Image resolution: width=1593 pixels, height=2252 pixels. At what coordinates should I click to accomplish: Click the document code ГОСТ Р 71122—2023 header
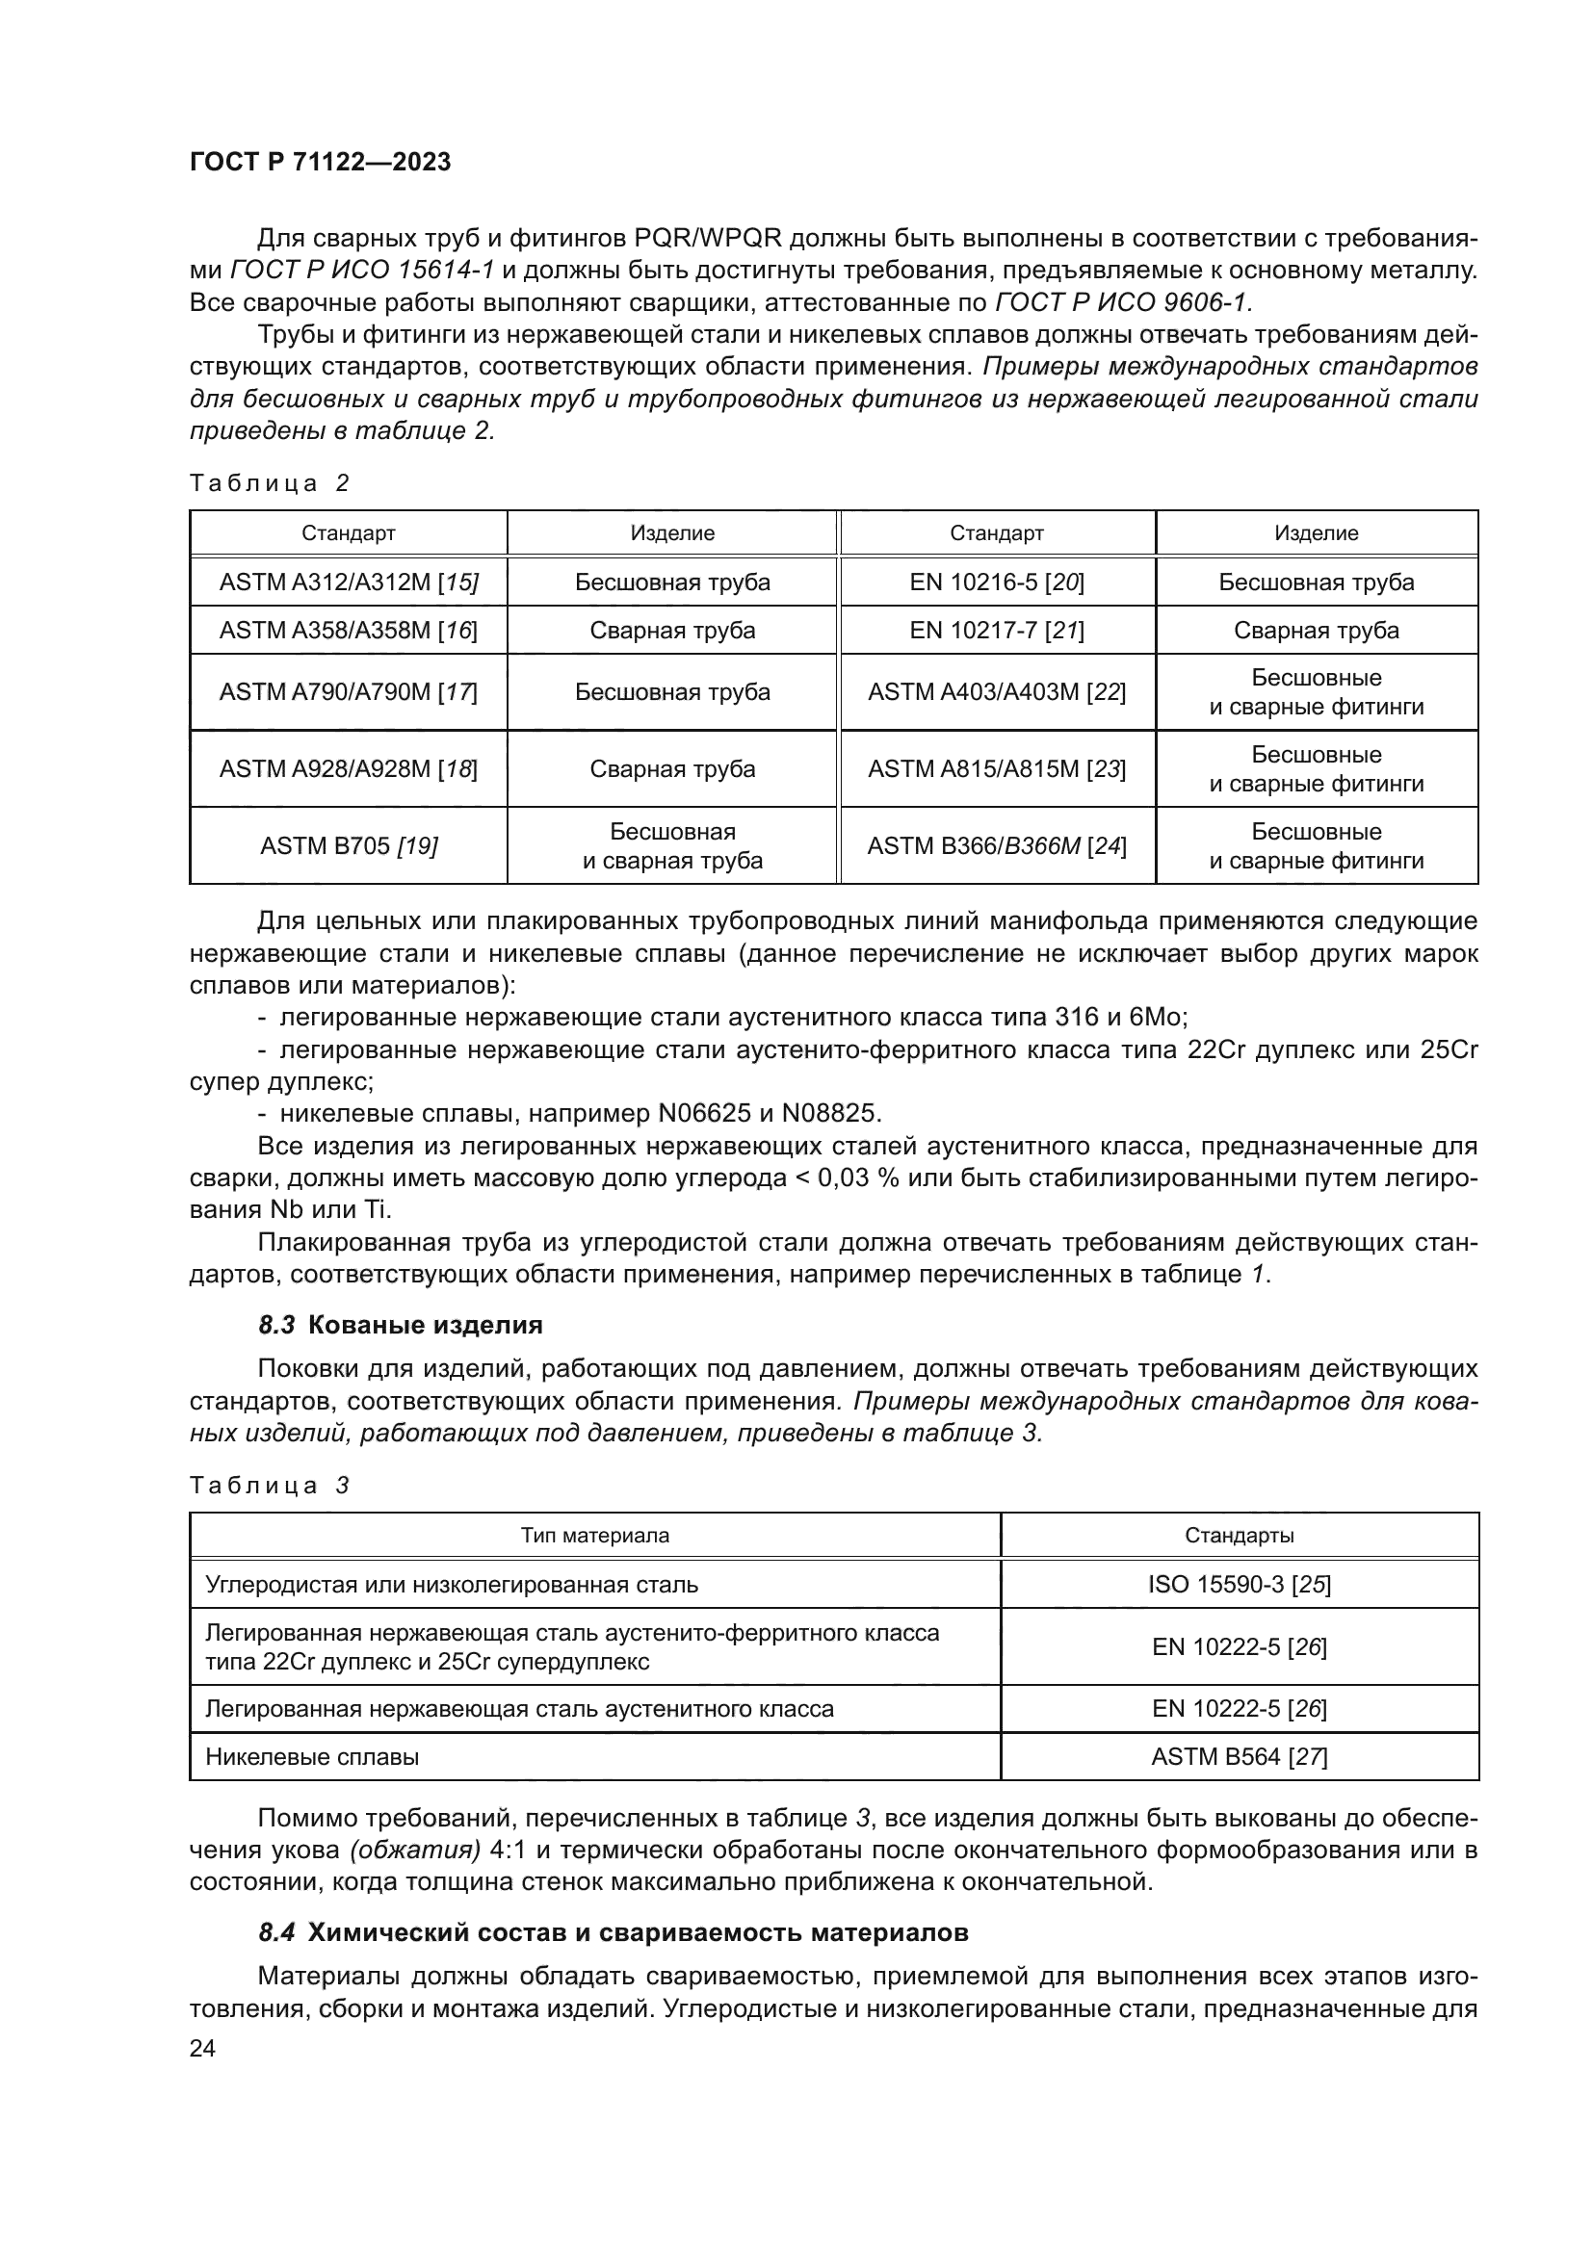coord(320,163)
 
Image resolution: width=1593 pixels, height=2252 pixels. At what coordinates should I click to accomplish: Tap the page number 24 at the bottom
coord(202,2048)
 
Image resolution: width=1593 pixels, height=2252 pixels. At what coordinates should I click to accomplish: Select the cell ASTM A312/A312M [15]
coord(349,582)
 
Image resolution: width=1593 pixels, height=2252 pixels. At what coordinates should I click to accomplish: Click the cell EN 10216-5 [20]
coord(997,582)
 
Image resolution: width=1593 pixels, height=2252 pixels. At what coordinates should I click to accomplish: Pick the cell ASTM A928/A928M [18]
coord(349,769)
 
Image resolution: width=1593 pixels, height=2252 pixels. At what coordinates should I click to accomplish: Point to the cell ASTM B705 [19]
coord(349,845)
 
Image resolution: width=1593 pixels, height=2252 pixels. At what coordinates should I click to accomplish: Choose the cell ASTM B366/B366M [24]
coord(997,845)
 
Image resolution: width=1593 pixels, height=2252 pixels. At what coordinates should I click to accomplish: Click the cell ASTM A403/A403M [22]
coord(997,692)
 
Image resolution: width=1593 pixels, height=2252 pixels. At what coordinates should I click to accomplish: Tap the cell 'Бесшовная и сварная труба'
coord(672,845)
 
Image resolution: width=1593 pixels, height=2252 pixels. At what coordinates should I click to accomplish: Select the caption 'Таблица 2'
coord(270,483)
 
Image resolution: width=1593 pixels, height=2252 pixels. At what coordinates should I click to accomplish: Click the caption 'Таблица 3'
coord(270,1486)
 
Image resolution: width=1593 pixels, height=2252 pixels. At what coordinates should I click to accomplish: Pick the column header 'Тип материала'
coord(594,1536)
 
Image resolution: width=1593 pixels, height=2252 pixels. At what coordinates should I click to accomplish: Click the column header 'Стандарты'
coord(1239,1536)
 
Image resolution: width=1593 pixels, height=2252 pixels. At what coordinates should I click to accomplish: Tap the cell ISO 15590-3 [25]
coord(1239,1585)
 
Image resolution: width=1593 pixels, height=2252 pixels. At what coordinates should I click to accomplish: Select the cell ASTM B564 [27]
coord(1239,1757)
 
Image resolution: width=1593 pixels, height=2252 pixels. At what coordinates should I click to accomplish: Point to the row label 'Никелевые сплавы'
coord(312,1757)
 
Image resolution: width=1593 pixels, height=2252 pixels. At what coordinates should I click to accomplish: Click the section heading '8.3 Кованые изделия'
coord(401,1325)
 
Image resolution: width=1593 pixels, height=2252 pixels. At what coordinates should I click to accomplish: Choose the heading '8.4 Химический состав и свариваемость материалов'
coord(614,1933)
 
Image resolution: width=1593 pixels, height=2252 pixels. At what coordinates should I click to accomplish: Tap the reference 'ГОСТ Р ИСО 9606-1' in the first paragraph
coord(1123,303)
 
